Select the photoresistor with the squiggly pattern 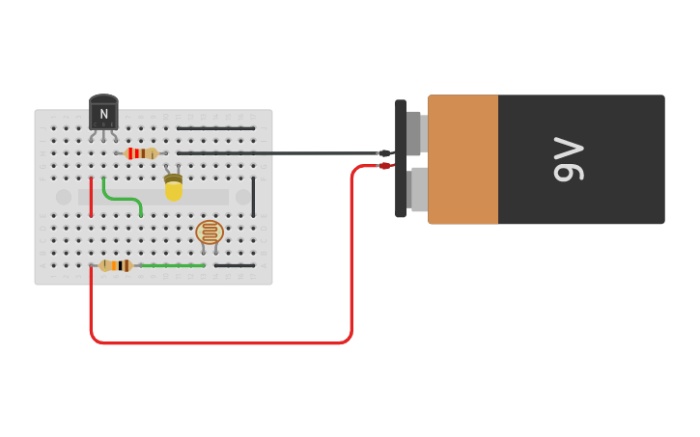(210, 232)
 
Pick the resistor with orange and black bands (116, 265)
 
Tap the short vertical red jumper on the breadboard (91, 197)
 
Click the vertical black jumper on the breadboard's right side (254, 197)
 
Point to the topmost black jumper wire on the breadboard (215, 128)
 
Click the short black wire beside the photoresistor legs (235, 265)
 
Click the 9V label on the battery (569, 159)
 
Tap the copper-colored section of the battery (463, 159)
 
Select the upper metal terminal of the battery (414, 133)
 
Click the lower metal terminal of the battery (418, 189)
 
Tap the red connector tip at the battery (384, 166)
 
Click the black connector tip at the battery (384, 153)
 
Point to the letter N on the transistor (103, 114)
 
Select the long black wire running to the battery (290, 153)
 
